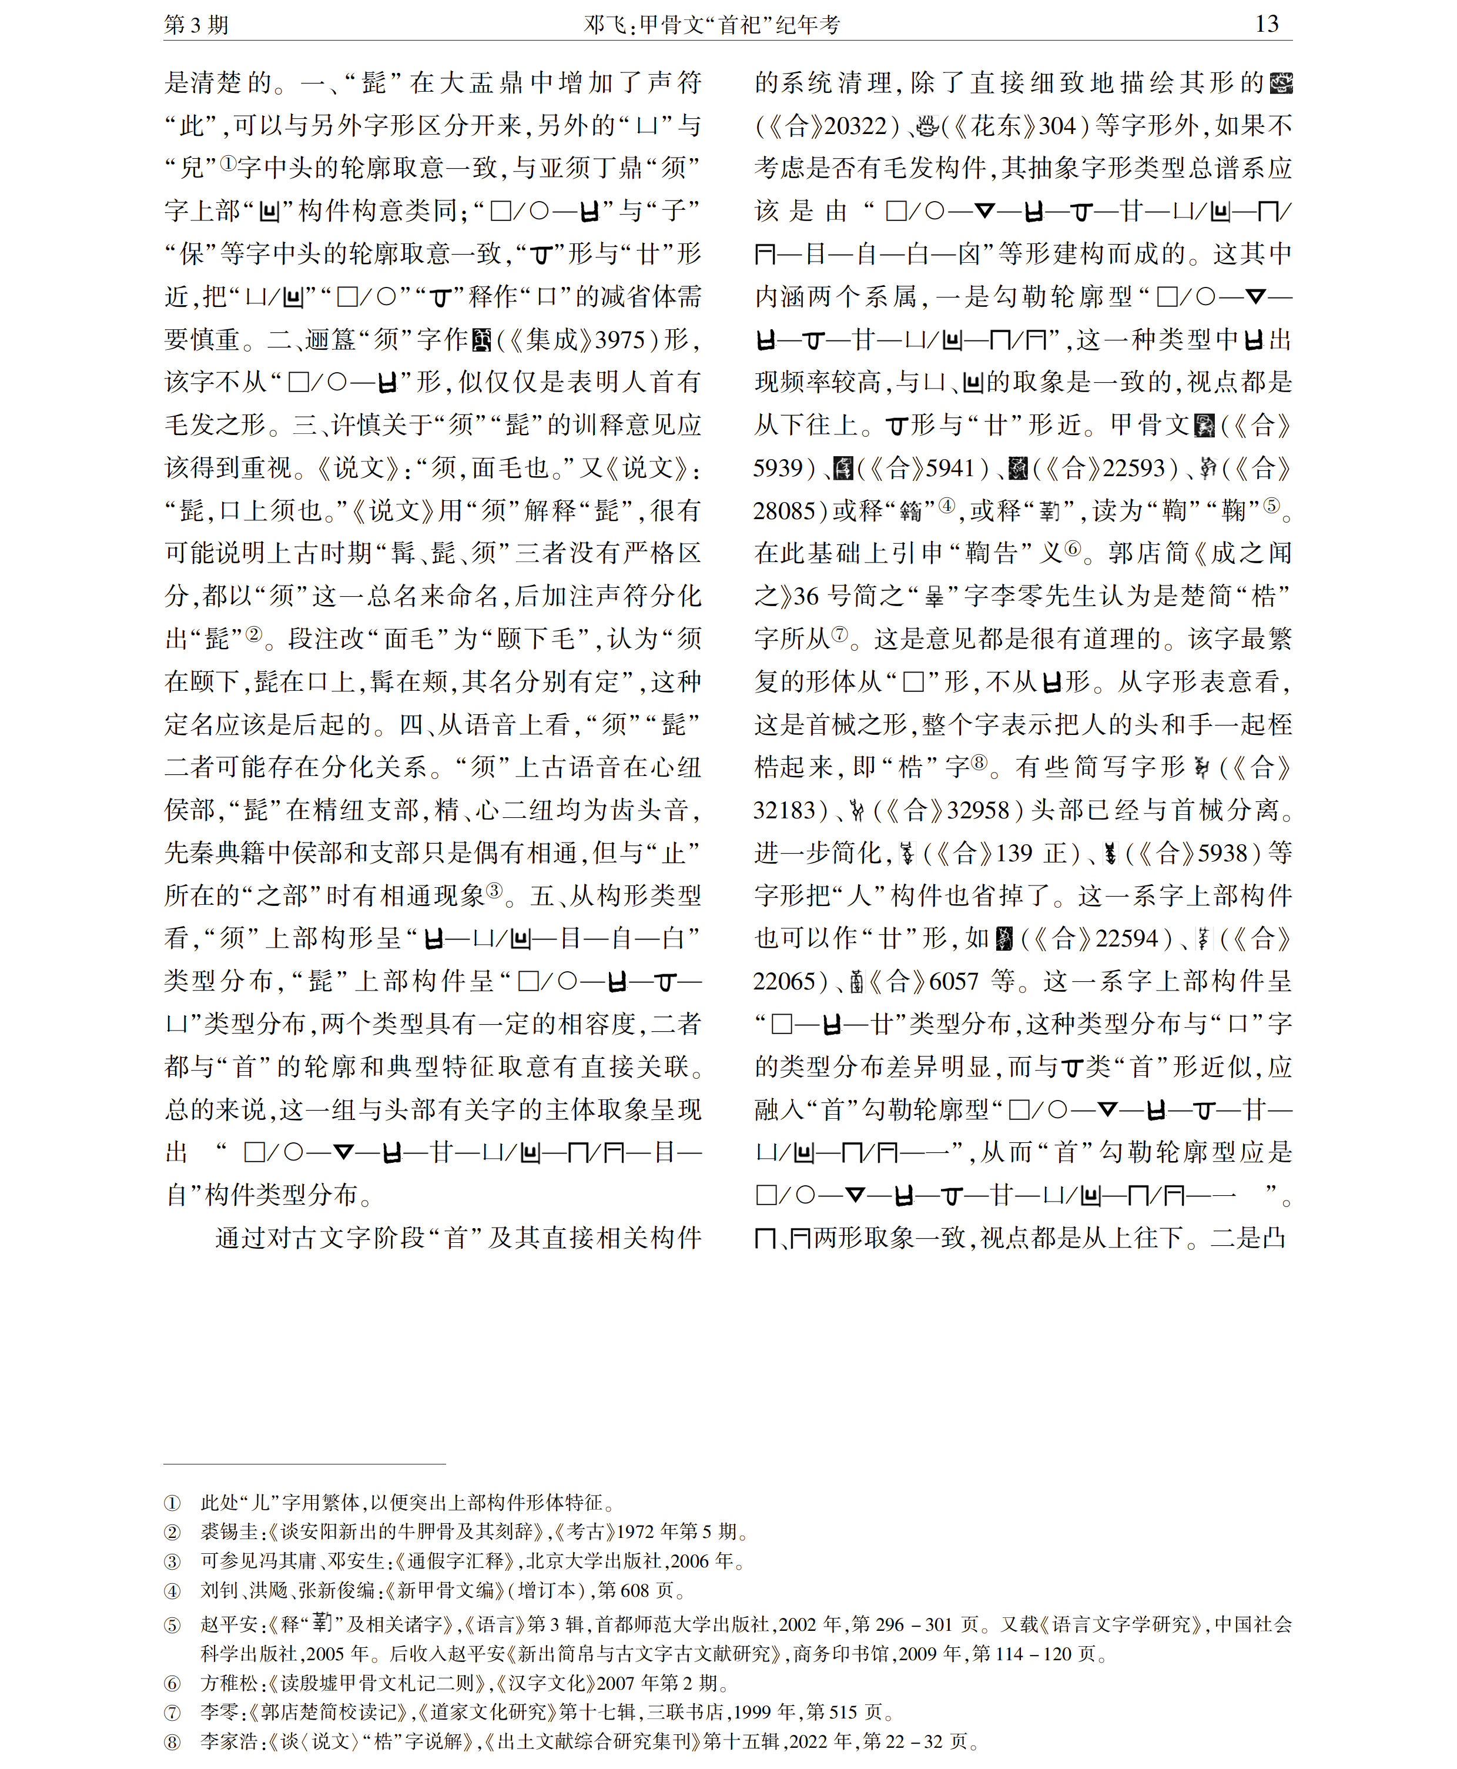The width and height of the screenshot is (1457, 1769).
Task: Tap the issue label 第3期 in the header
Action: (196, 24)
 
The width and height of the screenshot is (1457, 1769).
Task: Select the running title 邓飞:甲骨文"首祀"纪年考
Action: (712, 24)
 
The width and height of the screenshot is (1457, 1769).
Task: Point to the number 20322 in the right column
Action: (855, 126)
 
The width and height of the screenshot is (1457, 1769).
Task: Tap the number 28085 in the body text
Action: (784, 510)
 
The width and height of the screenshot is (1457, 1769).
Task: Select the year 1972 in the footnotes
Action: (635, 1531)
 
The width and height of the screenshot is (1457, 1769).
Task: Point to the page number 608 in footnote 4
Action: (635, 1590)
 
